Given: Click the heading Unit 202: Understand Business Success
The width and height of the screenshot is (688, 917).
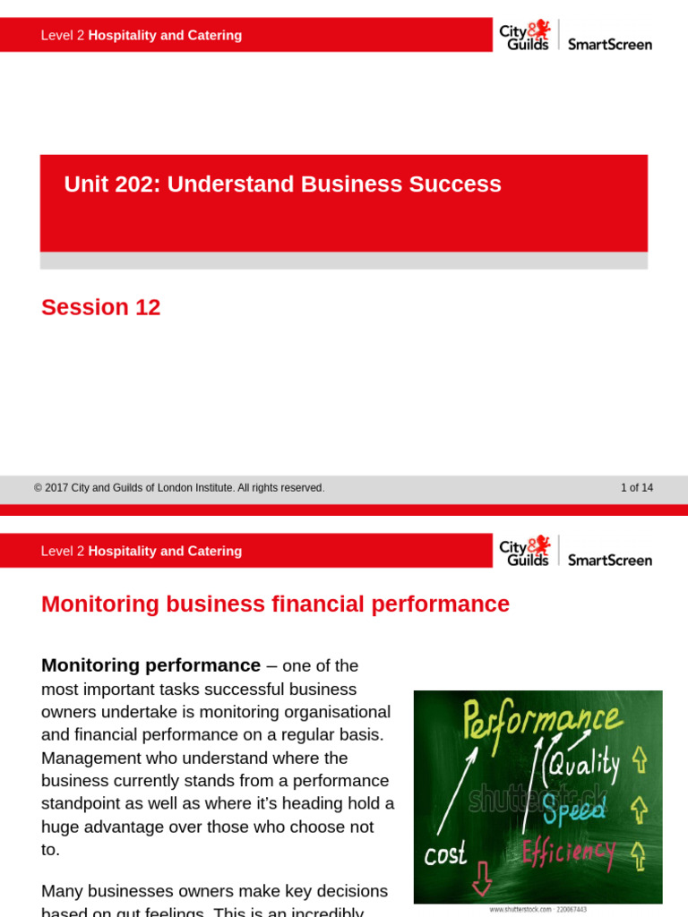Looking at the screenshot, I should tap(282, 184).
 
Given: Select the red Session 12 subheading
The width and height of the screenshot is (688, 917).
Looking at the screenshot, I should tap(101, 308).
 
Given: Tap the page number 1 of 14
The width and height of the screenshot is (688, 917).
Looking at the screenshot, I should tap(636, 488).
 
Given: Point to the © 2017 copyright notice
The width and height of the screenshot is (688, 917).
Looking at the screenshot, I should tap(179, 488).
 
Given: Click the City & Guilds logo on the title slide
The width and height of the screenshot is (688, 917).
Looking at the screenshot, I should tap(525, 36).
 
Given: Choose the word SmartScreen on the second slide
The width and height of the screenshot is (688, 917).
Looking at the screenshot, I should tap(610, 560).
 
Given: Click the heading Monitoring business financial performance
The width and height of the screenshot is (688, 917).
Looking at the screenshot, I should tap(275, 604).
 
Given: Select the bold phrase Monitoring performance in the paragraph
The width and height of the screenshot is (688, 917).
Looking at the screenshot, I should tap(150, 666).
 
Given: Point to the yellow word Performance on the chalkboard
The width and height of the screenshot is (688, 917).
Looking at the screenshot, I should tap(540, 720).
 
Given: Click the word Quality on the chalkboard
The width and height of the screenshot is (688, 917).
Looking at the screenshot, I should tap(583, 764).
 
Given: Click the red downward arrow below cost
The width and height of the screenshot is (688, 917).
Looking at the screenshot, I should tap(482, 879).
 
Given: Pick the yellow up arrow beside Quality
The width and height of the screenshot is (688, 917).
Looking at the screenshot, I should tap(639, 760).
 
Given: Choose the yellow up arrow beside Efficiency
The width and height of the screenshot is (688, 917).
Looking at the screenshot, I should tap(639, 855).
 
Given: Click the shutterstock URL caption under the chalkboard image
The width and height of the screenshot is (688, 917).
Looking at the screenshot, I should tap(537, 909).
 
